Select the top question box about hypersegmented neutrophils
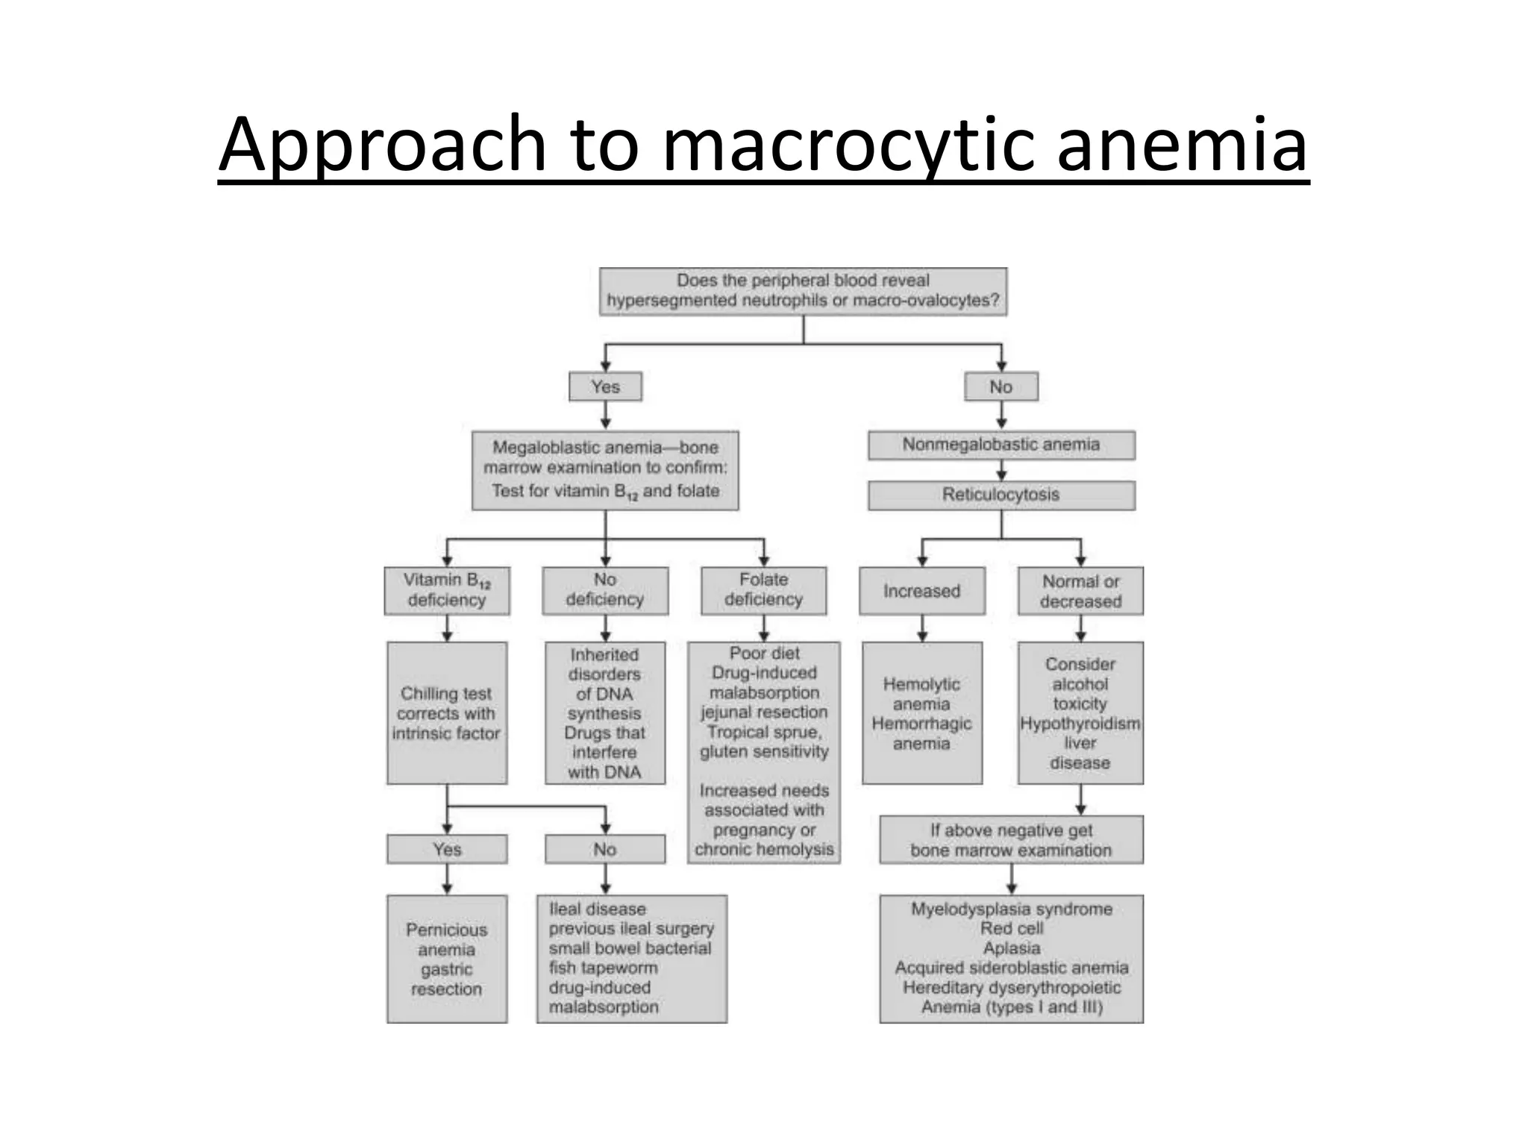coord(803,291)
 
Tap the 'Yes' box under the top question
coord(605,386)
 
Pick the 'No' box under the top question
coord(1001,386)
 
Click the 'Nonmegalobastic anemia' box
coord(1001,445)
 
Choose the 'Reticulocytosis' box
coord(1001,495)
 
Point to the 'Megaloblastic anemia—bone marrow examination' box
coord(605,469)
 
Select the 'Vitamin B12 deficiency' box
coord(447,590)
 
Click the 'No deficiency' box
coord(605,590)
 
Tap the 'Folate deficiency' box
coord(763,590)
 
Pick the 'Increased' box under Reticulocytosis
coord(921,591)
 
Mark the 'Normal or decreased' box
coord(1080,591)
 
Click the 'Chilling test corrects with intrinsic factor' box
coord(447,713)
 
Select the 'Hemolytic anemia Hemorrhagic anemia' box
coord(921,713)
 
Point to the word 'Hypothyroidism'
coord(1080,724)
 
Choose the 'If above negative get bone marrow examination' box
coord(1011,840)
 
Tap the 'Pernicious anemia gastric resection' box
coord(447,959)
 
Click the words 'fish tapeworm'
coord(604,968)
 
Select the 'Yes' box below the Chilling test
coord(447,849)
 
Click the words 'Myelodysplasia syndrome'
coord(1012,909)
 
